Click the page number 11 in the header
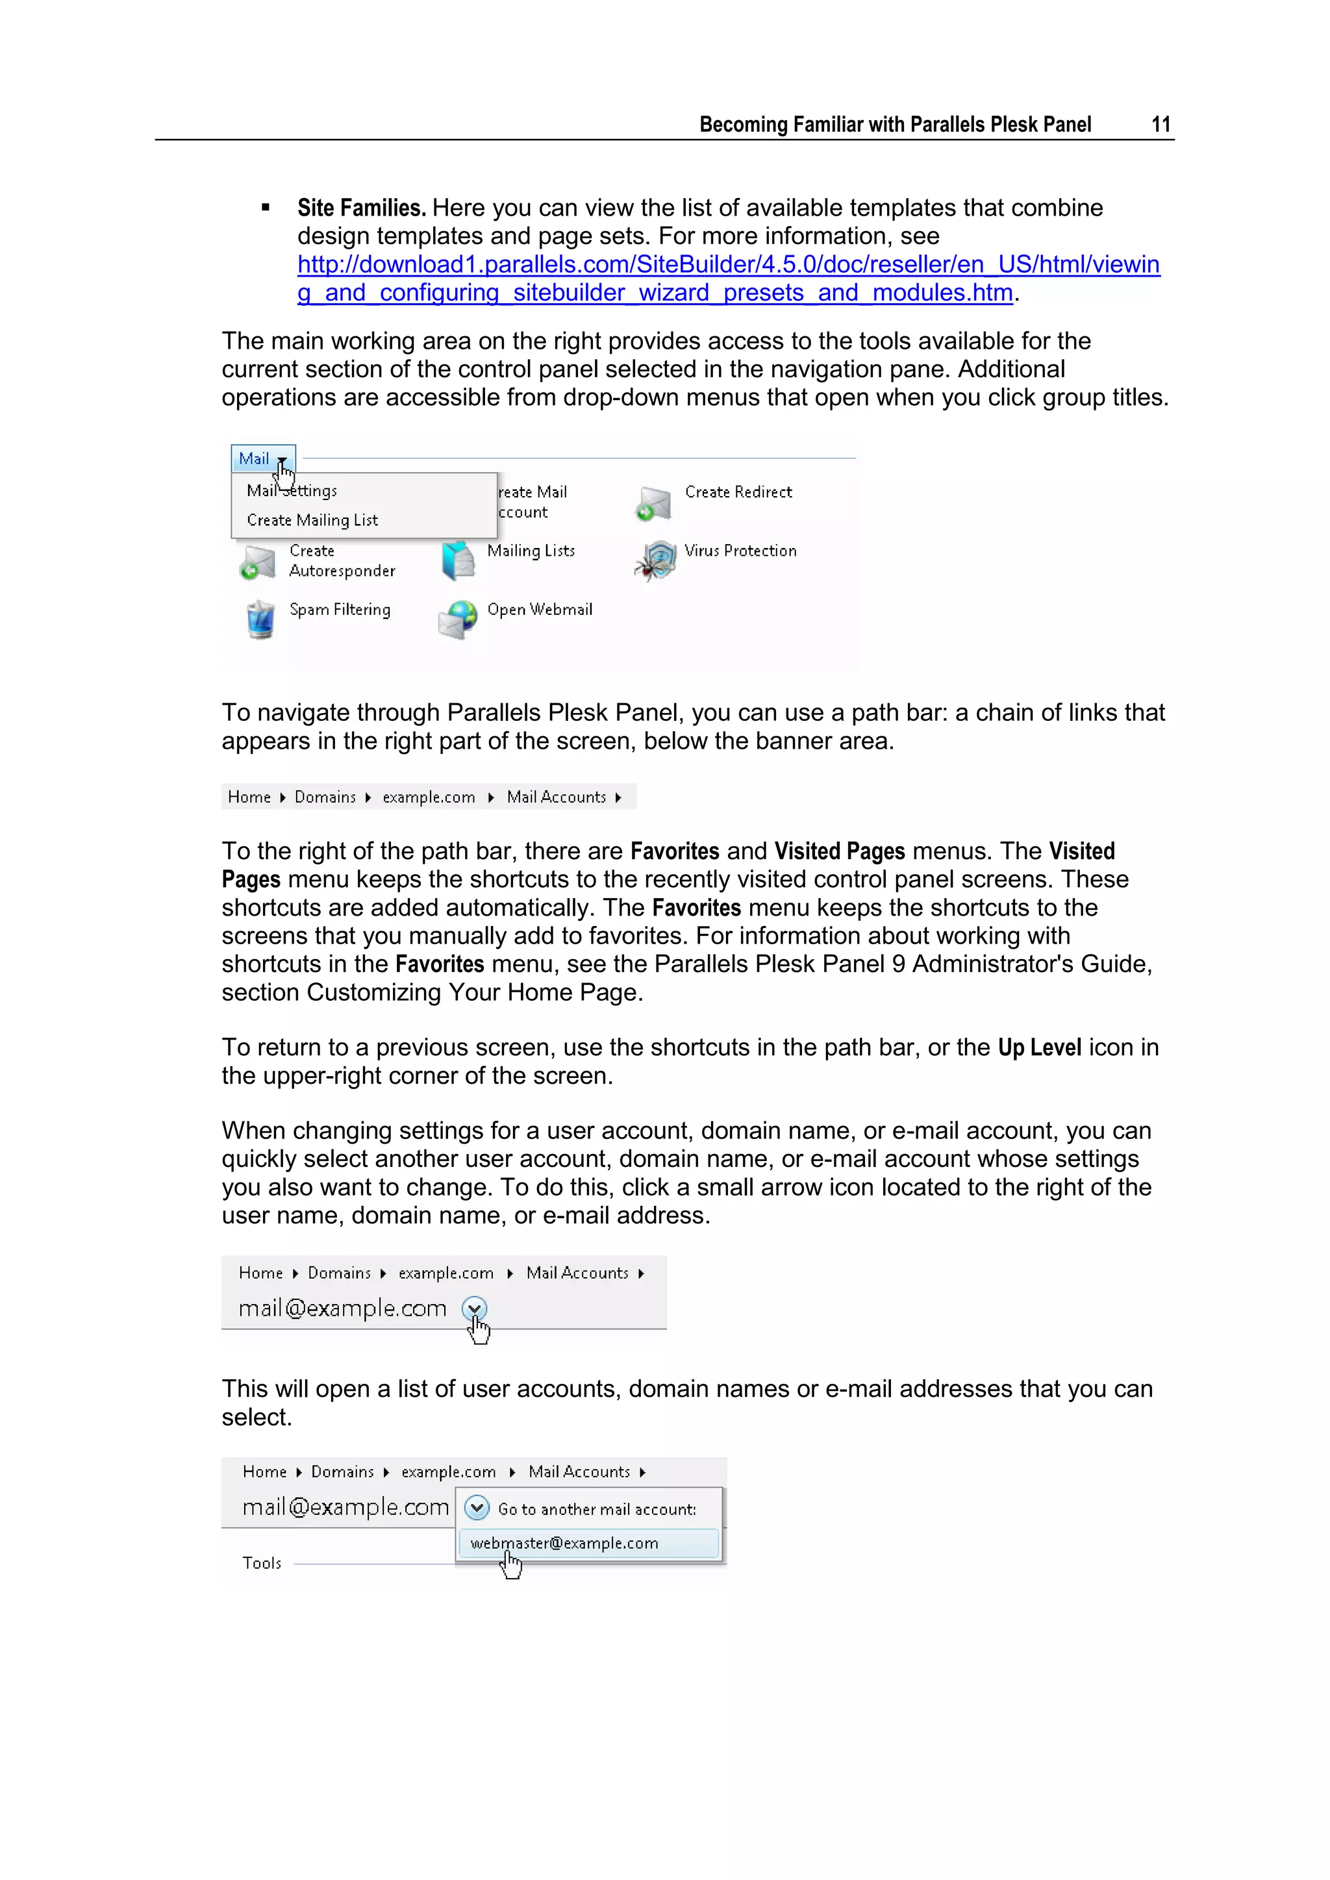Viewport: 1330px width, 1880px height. (1161, 125)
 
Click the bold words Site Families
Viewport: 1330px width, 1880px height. (361, 208)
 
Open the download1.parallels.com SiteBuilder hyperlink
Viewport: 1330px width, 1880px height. (728, 264)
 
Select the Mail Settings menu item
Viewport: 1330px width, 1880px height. (292, 490)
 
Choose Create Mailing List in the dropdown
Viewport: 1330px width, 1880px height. (312, 520)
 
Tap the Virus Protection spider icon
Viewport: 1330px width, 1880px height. (655, 562)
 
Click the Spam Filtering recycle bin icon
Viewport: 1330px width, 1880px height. (260, 619)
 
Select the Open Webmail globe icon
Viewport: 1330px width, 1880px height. (458, 619)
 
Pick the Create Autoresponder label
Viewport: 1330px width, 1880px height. (342, 561)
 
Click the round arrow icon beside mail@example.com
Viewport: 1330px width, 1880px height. (474, 1309)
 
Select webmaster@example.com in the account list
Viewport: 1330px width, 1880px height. (564, 1544)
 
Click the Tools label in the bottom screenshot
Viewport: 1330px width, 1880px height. (262, 1563)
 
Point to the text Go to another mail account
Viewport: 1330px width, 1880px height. (597, 1509)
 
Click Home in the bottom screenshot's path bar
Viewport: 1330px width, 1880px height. (264, 1472)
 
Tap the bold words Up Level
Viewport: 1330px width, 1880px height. (1039, 1048)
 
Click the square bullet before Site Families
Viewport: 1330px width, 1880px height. (266, 208)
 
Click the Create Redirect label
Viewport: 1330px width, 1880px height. (738, 492)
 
